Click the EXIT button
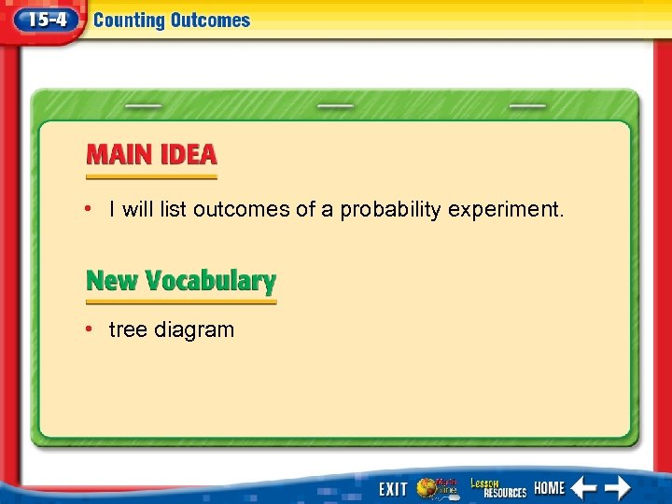(x=392, y=488)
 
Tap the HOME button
(x=549, y=488)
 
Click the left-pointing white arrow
(x=583, y=487)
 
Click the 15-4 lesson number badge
(x=42, y=20)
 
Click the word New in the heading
(x=108, y=281)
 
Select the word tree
(x=126, y=329)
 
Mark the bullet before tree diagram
(x=87, y=329)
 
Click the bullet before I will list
(x=87, y=208)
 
